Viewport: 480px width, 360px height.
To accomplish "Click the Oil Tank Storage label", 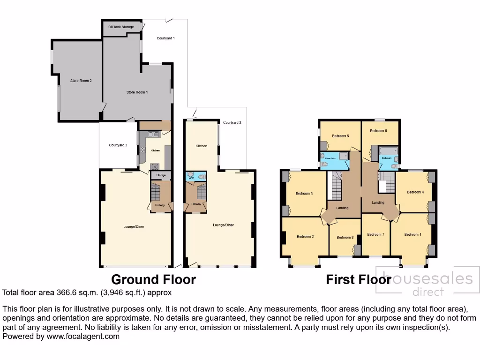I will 121,27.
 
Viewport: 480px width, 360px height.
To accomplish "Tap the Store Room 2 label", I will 81,81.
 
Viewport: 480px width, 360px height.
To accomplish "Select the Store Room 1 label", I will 137,92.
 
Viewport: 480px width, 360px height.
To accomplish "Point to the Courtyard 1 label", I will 166,38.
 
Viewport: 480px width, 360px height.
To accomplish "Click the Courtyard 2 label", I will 232,123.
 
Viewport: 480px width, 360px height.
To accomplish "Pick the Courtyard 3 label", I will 118,145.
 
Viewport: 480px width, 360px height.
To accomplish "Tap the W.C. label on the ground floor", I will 191,179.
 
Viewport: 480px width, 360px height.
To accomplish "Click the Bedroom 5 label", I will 341,136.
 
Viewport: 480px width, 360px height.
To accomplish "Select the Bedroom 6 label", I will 378,131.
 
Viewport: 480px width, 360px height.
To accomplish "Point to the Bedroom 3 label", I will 304,193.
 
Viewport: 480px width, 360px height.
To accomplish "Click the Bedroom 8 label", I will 345,237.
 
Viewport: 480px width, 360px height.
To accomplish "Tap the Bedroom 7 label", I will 375,234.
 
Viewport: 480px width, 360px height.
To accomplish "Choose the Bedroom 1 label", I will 413,234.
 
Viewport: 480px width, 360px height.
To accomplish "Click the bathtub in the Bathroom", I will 388,151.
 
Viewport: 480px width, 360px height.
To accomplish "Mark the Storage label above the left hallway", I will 161,175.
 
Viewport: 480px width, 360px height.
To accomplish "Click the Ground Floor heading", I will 153,280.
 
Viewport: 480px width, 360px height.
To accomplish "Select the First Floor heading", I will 359,280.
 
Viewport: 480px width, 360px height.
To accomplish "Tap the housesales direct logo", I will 427,284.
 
